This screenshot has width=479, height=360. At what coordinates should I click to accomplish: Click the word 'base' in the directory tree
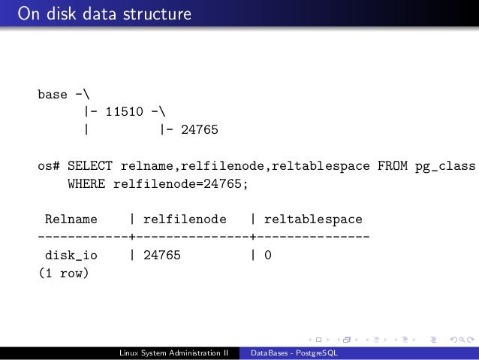pos(53,95)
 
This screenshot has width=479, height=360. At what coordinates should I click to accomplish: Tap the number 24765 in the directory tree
pos(199,131)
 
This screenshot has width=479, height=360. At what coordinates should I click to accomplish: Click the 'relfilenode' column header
pos(185,219)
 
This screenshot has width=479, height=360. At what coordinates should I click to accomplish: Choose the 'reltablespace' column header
pos(313,219)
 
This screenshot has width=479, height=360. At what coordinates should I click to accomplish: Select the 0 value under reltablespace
pos(267,256)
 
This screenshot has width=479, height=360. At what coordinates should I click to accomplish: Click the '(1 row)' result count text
pos(63,274)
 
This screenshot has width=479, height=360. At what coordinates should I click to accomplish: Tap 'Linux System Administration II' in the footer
pos(173,353)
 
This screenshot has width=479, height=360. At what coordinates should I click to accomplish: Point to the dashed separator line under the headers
pos(203,237)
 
